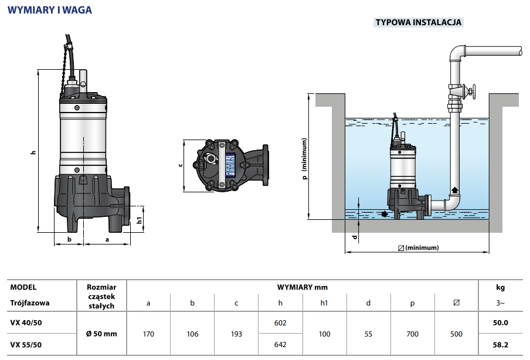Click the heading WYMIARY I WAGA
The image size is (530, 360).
(50, 10)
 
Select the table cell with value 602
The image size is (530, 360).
(280, 322)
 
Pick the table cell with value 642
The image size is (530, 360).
(280, 345)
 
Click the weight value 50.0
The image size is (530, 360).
(501, 322)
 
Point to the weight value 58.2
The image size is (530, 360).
(501, 345)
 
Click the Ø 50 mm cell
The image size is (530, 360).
(101, 334)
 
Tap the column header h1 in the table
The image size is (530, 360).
(324, 303)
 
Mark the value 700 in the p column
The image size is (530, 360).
(412, 334)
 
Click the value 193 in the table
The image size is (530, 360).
(236, 334)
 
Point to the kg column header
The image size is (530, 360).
(500, 287)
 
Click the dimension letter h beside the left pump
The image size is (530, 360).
(33, 152)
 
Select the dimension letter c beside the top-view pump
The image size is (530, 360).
(181, 165)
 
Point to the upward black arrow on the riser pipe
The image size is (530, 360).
(456, 190)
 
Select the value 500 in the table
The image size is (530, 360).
(456, 334)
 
